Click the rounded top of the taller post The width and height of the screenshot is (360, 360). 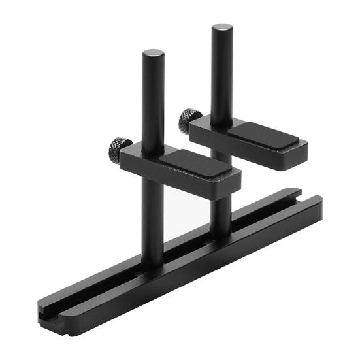click(222, 29)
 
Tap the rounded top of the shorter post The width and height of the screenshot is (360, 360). click(153, 54)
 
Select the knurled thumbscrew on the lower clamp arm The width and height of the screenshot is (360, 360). click(120, 151)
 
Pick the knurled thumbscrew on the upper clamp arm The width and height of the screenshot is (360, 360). click(190, 120)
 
